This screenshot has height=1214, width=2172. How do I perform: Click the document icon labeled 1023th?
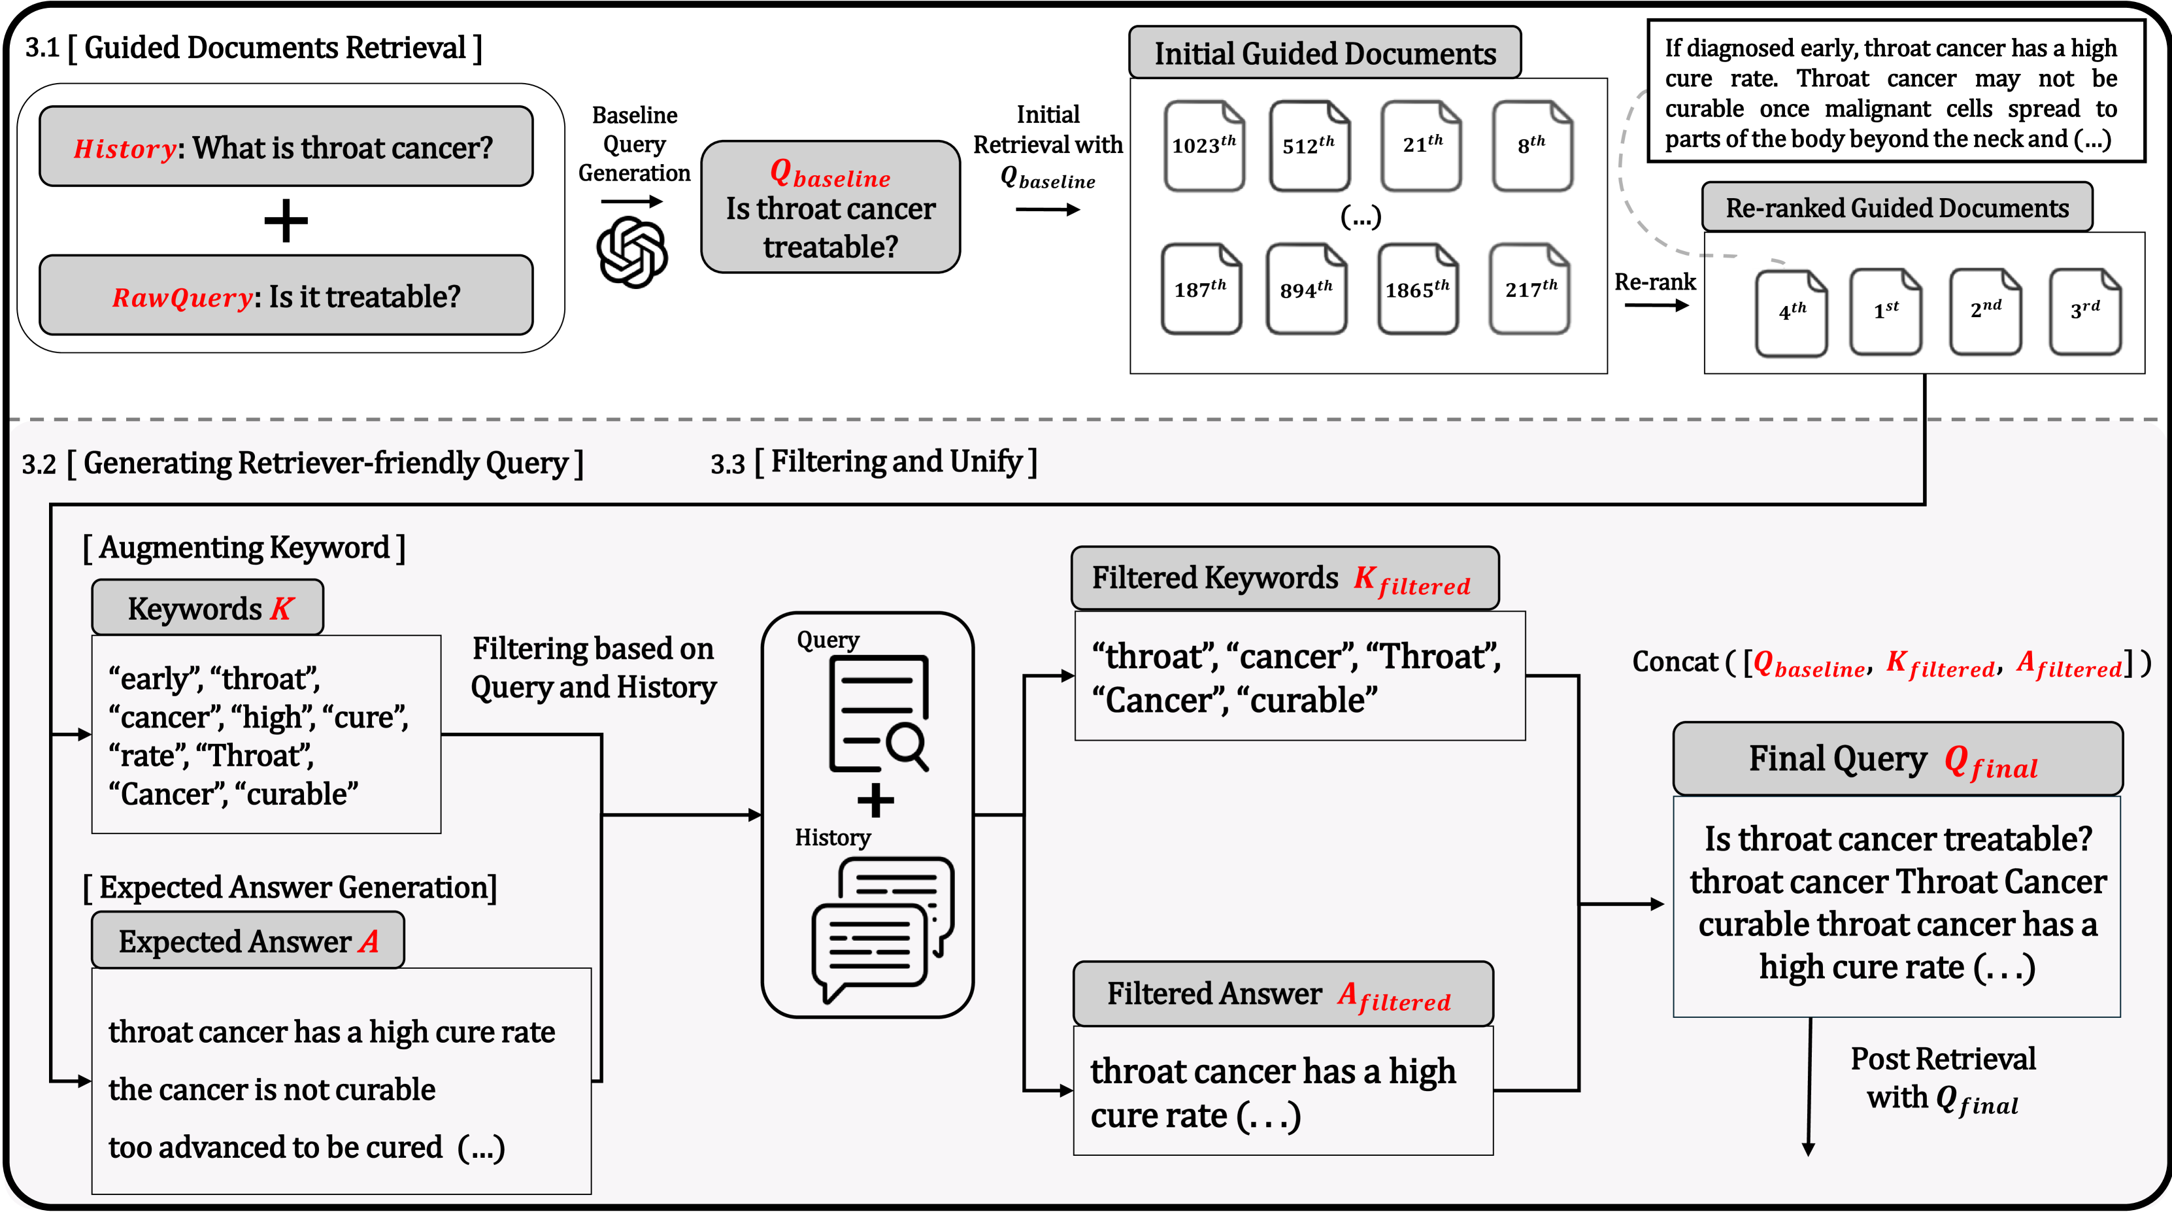pos(1204,146)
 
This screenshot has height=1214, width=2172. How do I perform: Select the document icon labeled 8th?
pos(1531,146)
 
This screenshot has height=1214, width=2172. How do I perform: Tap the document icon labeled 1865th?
pos(1417,289)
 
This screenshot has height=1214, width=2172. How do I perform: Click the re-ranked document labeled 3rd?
pos(2084,311)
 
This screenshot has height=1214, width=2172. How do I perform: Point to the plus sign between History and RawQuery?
pos(286,221)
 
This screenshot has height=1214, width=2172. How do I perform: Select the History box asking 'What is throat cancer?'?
pos(286,146)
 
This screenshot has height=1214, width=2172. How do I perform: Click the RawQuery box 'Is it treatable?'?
pos(286,296)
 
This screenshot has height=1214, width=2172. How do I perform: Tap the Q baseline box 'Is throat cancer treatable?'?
pos(831,207)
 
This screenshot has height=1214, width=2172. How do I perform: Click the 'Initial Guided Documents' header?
pos(1325,53)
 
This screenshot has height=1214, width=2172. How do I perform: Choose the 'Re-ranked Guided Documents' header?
pos(1896,207)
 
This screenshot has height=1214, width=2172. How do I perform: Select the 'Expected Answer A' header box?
pos(248,941)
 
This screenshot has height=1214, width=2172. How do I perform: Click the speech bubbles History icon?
pos(881,928)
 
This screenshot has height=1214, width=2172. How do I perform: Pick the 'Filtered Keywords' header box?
pos(1284,579)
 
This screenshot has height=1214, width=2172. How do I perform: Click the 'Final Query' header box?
pos(1897,760)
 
